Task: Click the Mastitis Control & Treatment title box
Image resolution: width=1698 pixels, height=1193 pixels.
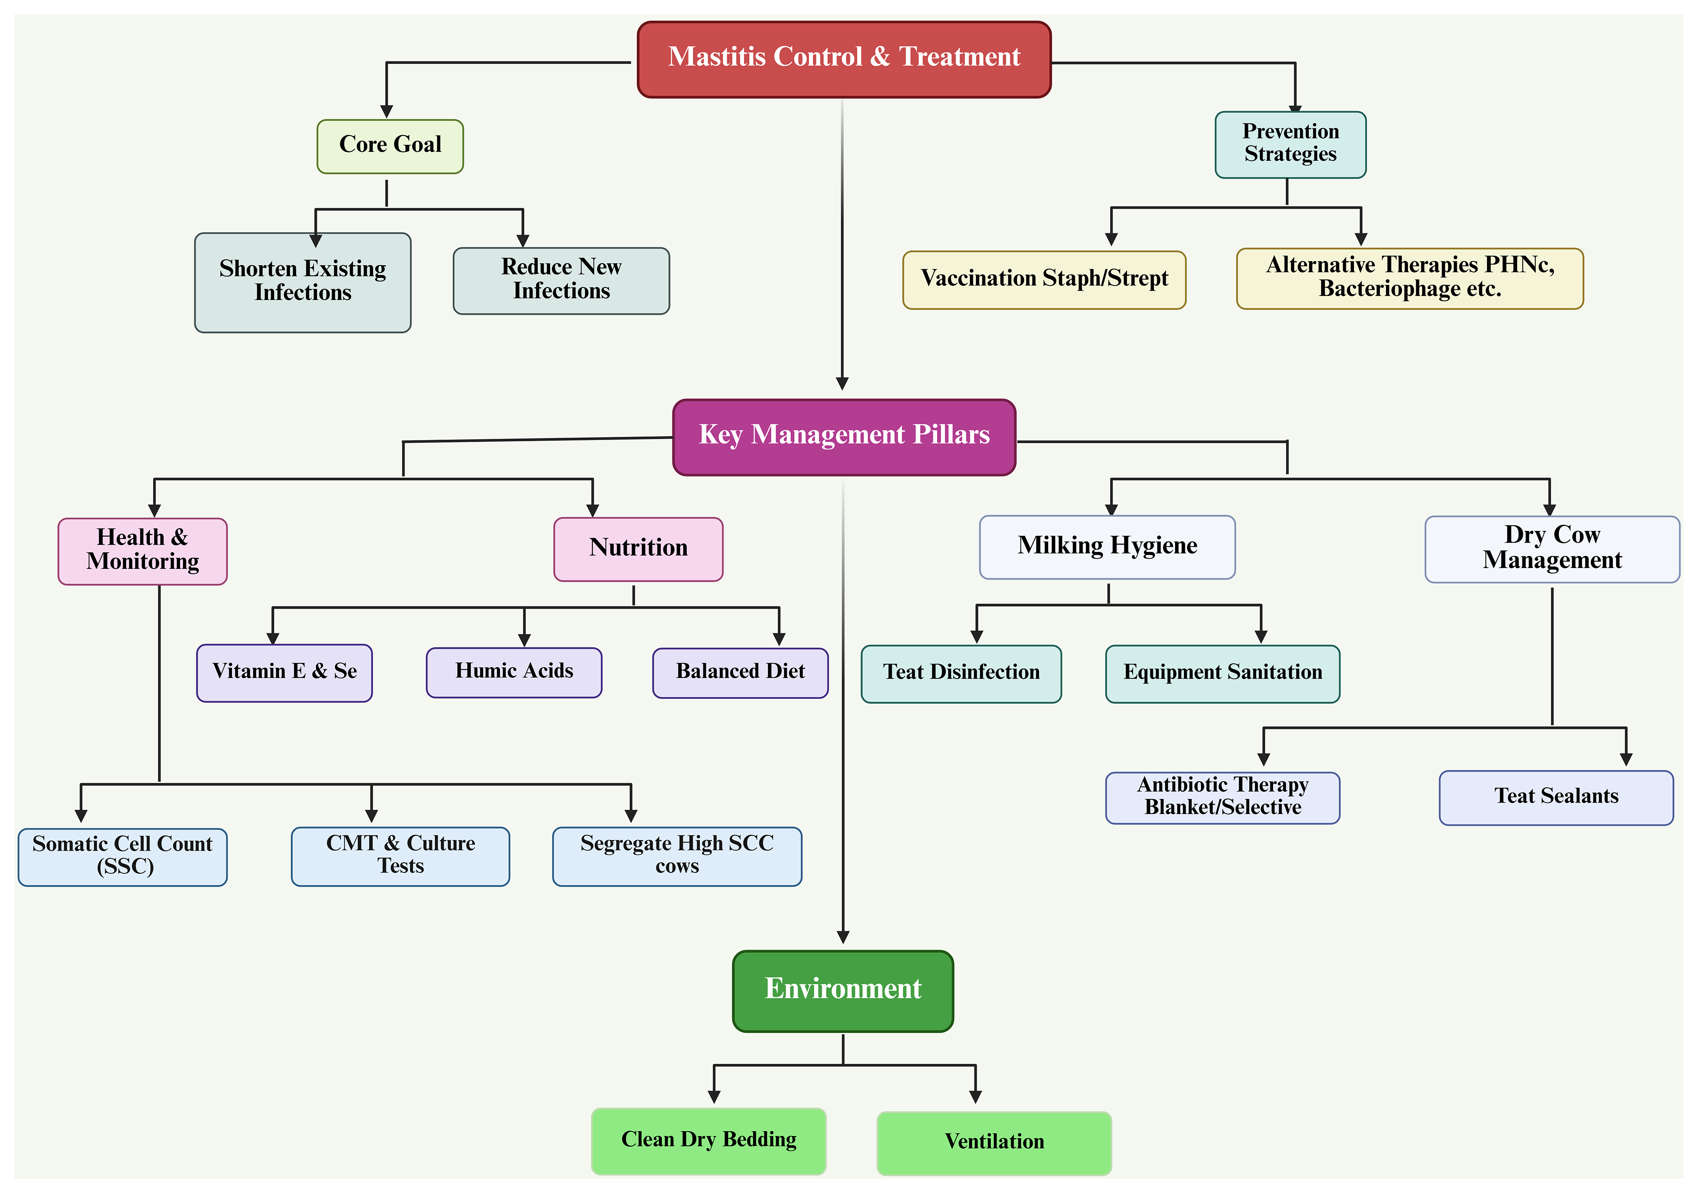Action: [844, 59]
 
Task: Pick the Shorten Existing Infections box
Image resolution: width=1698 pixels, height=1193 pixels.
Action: [302, 282]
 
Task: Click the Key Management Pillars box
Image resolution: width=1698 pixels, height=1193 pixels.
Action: [844, 436]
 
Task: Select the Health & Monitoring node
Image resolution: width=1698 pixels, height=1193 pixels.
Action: [143, 551]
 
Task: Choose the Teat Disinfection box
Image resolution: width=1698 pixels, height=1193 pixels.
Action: [961, 673]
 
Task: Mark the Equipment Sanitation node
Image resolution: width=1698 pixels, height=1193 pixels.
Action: [1222, 673]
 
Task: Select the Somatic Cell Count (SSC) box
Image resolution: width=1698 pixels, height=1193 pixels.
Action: [123, 856]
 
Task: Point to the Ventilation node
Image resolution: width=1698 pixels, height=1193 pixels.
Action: [993, 1143]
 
